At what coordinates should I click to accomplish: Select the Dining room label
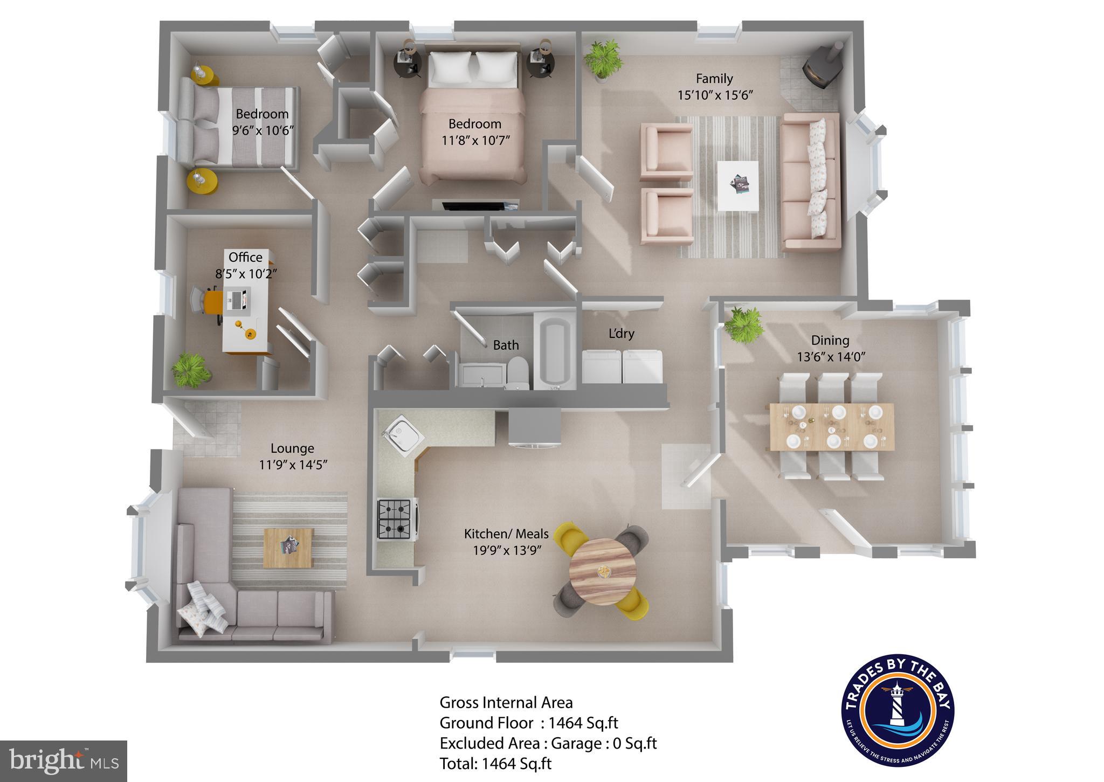[x=830, y=340]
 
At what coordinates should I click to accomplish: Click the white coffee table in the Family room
[x=737, y=185]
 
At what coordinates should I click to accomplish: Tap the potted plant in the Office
[x=190, y=369]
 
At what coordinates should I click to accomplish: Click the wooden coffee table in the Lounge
[x=288, y=547]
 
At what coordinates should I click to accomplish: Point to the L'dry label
[x=621, y=334]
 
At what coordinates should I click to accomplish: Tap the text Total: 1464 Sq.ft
[x=495, y=763]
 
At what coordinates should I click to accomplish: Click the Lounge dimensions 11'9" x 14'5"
[x=293, y=465]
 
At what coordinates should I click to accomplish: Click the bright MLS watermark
[x=64, y=761]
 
